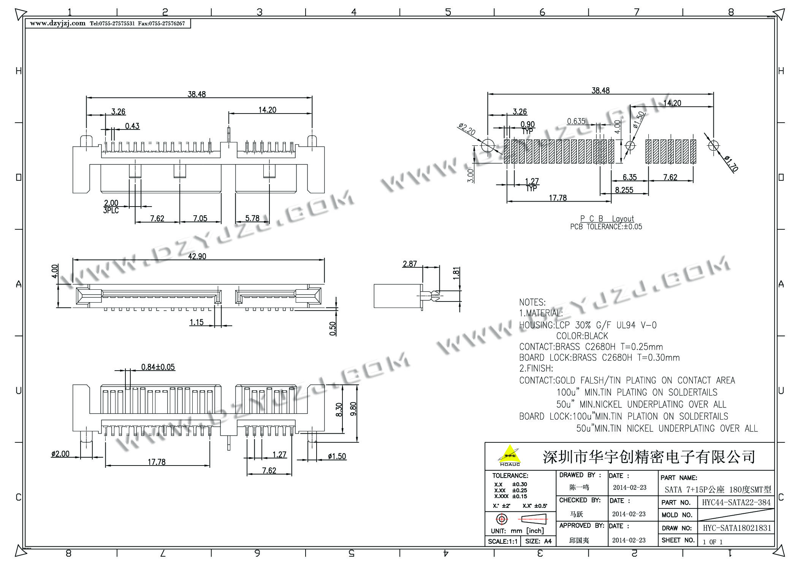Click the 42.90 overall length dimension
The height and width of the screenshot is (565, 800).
(x=197, y=256)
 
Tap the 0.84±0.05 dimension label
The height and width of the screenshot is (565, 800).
(x=158, y=367)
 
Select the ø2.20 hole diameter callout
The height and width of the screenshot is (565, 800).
(x=467, y=129)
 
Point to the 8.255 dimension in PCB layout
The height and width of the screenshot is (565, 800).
(x=624, y=190)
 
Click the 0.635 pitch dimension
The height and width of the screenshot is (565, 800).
(x=576, y=121)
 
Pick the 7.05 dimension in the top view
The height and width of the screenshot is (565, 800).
(x=200, y=218)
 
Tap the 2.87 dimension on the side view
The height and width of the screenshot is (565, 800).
(x=410, y=264)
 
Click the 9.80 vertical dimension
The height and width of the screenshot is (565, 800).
(x=353, y=409)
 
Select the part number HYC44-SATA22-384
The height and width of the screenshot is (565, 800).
(x=736, y=502)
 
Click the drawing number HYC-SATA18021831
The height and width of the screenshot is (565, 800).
(x=737, y=528)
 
